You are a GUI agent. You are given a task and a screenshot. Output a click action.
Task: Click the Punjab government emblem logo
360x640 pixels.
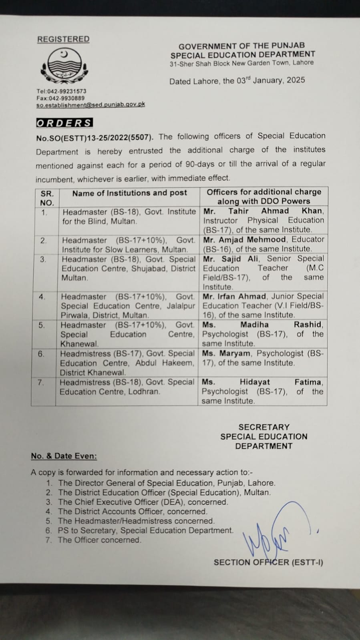click(64, 66)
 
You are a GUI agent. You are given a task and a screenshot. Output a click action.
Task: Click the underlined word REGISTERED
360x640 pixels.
click(63, 39)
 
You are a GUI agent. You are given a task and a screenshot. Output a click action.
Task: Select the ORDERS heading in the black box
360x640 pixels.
click(64, 123)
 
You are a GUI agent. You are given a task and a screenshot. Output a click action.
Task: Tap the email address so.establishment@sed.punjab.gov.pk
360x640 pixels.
click(91, 104)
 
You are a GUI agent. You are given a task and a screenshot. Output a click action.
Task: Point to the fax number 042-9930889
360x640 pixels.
click(66, 98)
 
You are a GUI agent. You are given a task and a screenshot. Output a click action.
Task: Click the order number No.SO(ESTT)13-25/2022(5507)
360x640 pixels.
click(95, 137)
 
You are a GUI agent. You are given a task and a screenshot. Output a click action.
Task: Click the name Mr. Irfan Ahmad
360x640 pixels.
click(235, 297)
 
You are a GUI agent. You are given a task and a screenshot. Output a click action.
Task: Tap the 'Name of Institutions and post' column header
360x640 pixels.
click(129, 193)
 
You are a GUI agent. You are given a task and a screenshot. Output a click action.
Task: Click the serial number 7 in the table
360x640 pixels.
click(41, 383)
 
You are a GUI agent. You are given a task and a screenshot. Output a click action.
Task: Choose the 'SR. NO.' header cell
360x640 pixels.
click(47, 198)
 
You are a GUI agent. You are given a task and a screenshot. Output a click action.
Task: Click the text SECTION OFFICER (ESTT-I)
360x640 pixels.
click(268, 562)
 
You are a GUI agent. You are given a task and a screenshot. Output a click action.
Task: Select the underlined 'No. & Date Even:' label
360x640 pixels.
click(64, 456)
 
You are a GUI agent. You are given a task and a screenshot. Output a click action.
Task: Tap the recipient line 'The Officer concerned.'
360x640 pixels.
click(100, 540)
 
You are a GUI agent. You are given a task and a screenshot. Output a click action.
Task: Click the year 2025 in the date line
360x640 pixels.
click(296, 80)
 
